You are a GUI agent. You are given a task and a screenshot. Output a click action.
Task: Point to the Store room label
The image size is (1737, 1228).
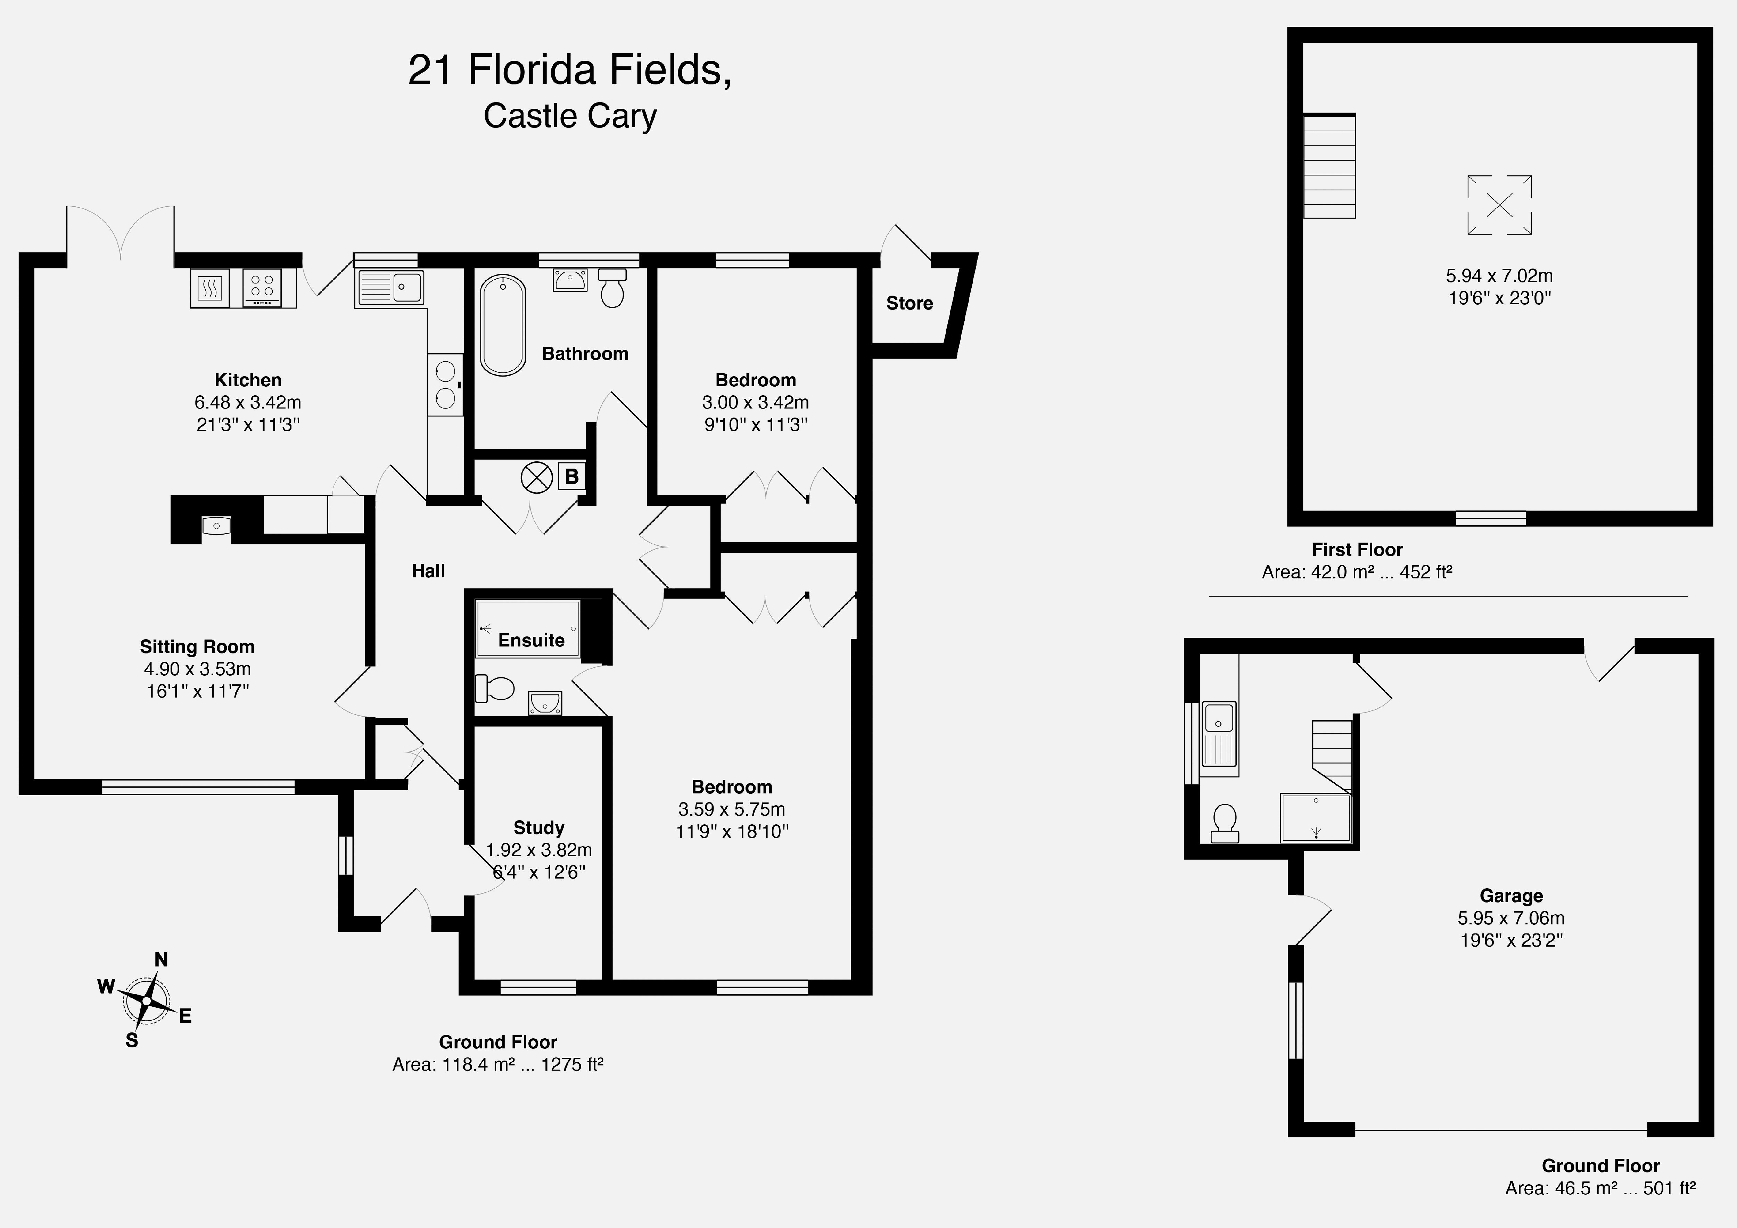click(909, 303)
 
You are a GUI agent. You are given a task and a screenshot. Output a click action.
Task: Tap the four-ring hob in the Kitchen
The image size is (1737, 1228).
click(262, 288)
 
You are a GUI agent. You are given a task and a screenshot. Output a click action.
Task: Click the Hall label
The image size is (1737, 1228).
click(428, 571)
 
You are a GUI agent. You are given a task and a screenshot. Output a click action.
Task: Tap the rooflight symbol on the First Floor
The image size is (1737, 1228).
click(1499, 204)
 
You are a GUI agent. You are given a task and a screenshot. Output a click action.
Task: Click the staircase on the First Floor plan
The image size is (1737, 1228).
click(1329, 166)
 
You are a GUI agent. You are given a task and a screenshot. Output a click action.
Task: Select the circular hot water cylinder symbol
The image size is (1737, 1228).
click(537, 477)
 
